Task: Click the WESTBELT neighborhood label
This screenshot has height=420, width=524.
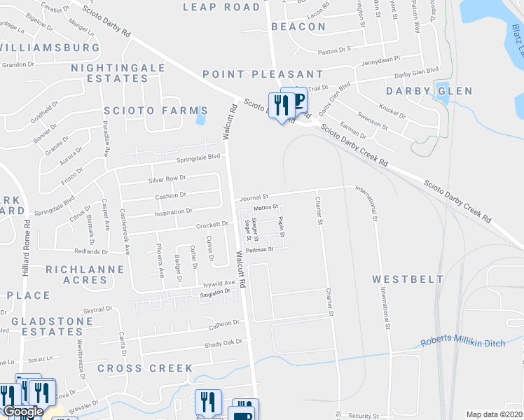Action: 409,279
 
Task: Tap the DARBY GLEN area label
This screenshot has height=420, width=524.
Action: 429,92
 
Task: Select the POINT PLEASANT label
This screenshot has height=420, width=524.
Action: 263,74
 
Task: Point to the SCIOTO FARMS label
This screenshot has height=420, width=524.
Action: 156,111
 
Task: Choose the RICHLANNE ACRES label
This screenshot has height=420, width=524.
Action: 77,274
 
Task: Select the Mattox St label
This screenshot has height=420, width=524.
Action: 266,207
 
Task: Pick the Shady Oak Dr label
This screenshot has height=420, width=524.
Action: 223,343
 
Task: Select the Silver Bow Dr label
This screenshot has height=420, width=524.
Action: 166,179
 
